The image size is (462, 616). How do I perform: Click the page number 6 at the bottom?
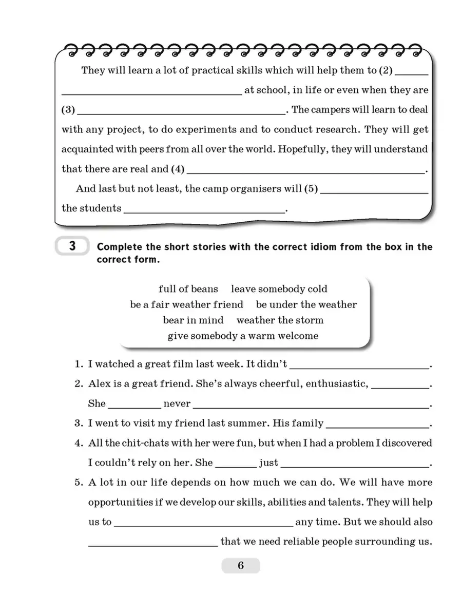tap(241, 566)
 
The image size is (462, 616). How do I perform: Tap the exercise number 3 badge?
tap(72, 247)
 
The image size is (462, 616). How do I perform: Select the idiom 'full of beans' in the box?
tap(188, 289)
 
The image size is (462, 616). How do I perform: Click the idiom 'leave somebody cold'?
tap(279, 289)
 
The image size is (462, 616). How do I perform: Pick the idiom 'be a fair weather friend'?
tap(186, 304)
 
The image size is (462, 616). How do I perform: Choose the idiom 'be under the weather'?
tap(306, 304)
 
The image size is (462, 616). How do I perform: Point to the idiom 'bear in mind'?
tap(193, 320)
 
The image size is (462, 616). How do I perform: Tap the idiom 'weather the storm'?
tap(280, 320)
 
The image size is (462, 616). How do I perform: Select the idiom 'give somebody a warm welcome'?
tap(243, 336)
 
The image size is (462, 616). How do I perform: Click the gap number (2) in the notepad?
tap(385, 71)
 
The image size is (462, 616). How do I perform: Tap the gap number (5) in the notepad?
tap(311, 189)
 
